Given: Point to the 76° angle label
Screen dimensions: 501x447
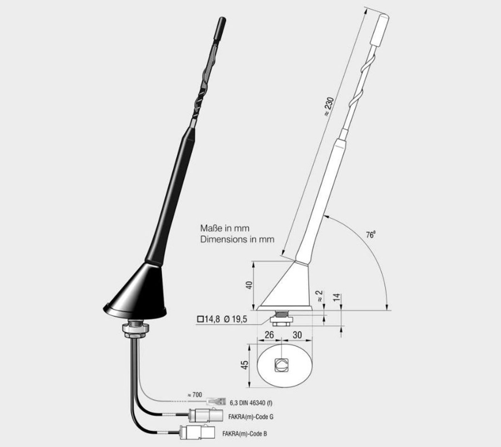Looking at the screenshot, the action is [x=371, y=234].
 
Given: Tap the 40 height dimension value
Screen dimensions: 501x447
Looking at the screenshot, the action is [x=249, y=285].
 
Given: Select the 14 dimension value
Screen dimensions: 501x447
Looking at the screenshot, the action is [x=337, y=297].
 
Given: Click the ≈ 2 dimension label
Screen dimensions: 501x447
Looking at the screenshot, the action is [x=319, y=296].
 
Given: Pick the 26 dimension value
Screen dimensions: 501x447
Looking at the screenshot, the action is [x=269, y=335].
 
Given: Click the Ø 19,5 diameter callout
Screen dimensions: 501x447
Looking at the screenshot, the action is [x=236, y=319].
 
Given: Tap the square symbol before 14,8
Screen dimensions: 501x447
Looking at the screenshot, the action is [x=200, y=319].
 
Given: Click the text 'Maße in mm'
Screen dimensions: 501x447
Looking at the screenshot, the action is [x=225, y=228].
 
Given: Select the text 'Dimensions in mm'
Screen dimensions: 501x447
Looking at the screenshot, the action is [x=237, y=239].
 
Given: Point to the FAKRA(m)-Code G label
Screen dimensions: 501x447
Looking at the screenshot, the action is [x=251, y=417].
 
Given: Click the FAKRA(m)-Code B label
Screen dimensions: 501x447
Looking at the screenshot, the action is [x=245, y=434].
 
